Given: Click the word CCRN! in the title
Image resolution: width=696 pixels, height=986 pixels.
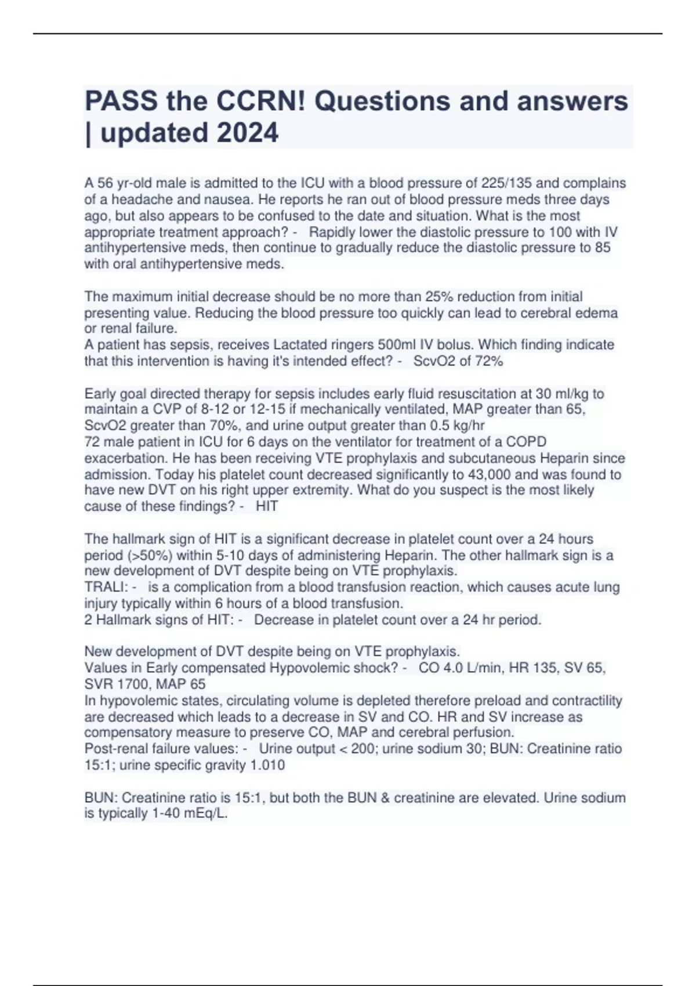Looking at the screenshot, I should point(260,101).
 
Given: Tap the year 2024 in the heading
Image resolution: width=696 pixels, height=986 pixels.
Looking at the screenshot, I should point(248,133).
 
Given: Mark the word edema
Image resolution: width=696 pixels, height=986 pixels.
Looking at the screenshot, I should point(598,313).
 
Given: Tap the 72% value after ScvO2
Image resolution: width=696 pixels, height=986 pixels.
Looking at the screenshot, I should point(488,361).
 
